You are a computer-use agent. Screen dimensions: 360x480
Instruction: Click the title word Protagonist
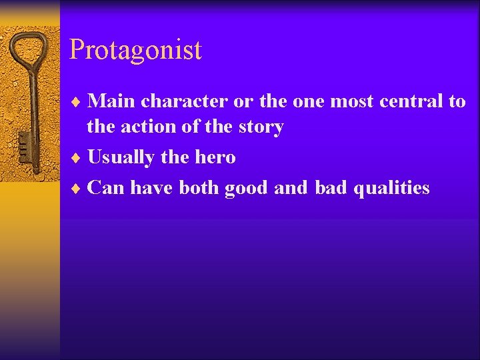[x=135, y=50]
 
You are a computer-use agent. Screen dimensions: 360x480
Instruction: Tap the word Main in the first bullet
[x=111, y=101]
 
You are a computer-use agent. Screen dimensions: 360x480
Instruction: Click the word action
[x=147, y=127]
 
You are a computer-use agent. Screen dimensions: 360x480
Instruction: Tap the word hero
[x=215, y=157]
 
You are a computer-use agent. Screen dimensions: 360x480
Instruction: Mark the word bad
[x=331, y=188]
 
